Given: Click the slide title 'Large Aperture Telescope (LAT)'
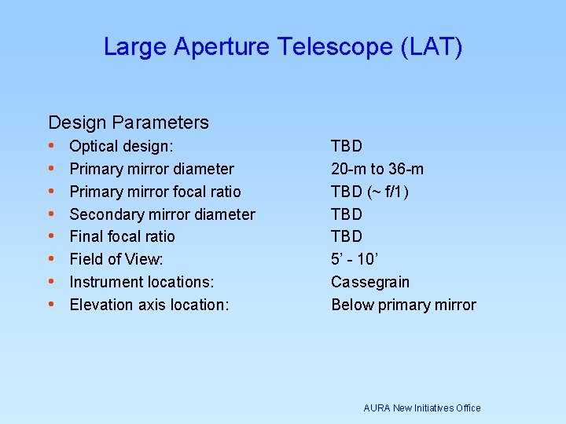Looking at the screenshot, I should (283, 48).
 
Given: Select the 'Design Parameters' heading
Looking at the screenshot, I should (128, 122).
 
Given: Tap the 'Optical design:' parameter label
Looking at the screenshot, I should (122, 146).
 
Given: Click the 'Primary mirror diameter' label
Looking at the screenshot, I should (152, 169).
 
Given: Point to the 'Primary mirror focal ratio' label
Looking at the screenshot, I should (155, 192).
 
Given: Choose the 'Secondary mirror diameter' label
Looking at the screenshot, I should (162, 214).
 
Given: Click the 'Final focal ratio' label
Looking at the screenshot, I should (122, 236).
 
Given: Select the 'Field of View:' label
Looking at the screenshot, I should (116, 259).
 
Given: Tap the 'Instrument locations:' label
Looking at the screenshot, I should (141, 282).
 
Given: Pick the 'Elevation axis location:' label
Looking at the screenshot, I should (149, 305).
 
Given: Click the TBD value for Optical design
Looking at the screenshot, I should (347, 146).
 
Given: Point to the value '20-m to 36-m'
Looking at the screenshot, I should (377, 169).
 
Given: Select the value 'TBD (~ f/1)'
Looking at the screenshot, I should (370, 192).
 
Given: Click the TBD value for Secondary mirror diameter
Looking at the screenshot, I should (347, 214).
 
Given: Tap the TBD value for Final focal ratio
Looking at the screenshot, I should (347, 236).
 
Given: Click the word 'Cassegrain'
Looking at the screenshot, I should (370, 282).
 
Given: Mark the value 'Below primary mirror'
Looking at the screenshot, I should (403, 305).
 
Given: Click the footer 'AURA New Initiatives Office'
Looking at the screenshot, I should (422, 408).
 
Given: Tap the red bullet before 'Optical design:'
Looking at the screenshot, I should (51, 146).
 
